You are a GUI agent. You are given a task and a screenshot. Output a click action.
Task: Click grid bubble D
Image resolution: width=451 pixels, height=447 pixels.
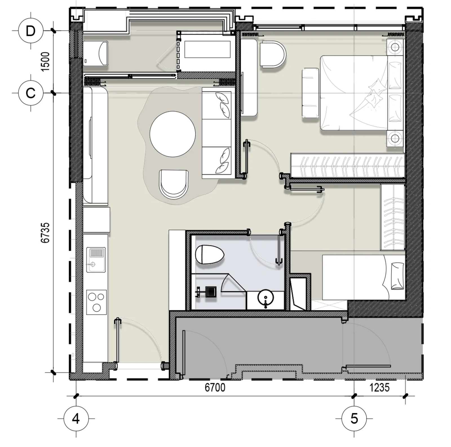click(30, 31)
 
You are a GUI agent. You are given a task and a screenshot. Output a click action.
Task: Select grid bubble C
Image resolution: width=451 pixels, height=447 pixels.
click(30, 93)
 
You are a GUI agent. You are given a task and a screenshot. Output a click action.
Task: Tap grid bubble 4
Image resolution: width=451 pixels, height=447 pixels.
click(76, 419)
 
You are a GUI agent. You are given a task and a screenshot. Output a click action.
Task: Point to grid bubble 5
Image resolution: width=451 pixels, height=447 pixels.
click(354, 419)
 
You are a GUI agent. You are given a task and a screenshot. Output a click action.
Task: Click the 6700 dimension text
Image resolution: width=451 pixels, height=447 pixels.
click(215, 387)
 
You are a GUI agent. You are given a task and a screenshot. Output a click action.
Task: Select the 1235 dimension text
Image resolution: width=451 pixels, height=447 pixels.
click(379, 387)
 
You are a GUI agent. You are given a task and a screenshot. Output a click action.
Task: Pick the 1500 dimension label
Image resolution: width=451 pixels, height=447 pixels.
click(45, 61)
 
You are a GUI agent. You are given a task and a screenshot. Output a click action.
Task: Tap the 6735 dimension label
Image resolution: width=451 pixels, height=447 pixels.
click(45, 233)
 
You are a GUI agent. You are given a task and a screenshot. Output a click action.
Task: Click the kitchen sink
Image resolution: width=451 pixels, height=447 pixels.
click(96, 260)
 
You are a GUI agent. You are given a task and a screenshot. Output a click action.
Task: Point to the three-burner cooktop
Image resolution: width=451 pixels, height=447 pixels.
click(96, 302)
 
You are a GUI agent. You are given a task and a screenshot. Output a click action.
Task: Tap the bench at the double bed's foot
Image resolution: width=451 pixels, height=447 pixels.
click(310, 93)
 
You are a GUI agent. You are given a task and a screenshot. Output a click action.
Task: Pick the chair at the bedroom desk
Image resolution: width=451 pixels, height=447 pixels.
click(273, 54)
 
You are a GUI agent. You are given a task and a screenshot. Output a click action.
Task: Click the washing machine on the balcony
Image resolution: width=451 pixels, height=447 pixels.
click(96, 54)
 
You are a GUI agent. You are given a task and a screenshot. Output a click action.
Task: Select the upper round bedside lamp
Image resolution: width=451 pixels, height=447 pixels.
click(395, 47)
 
